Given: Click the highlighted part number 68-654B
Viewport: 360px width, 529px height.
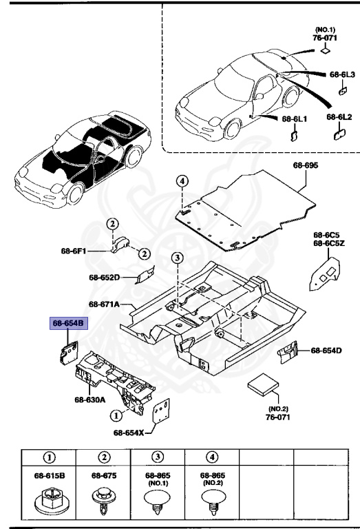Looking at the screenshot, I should [66, 323].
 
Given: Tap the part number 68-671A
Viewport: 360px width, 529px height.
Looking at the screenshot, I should [104, 304].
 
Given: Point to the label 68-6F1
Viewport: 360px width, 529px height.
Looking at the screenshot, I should [74, 252].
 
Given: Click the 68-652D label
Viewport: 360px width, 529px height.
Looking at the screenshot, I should [104, 278].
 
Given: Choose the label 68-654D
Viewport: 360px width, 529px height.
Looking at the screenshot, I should [326, 351].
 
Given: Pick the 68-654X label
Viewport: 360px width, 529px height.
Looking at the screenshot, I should [129, 433].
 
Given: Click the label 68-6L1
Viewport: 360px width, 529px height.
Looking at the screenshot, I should [294, 119].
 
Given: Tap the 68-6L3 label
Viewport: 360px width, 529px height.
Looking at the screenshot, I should [341, 74].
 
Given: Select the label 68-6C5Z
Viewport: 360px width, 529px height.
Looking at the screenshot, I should [328, 243].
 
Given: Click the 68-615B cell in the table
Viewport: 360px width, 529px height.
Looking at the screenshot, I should [49, 475].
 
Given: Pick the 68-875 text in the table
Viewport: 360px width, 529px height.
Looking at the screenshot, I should [103, 475].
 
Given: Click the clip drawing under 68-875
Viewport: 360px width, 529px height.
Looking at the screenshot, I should [103, 499].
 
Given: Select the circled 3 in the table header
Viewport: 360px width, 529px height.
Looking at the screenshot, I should [158, 456].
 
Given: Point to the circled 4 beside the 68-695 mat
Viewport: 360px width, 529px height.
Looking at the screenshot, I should [182, 181].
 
